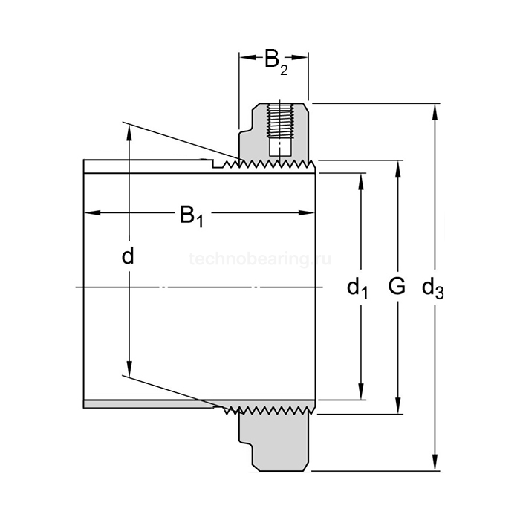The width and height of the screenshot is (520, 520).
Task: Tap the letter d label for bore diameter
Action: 129,256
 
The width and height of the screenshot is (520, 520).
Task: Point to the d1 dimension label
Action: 358,287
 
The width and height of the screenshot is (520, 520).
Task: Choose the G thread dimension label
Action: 397,286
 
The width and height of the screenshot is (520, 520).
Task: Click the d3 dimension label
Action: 432,287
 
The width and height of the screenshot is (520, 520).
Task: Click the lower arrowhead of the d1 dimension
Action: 361,392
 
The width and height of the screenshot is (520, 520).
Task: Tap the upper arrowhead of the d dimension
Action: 129,131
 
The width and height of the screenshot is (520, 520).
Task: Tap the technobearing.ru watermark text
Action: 259,259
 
